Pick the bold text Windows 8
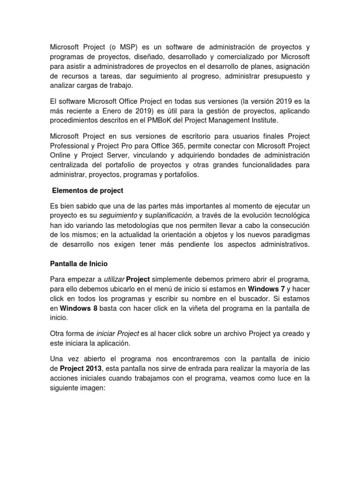point(79,308)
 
